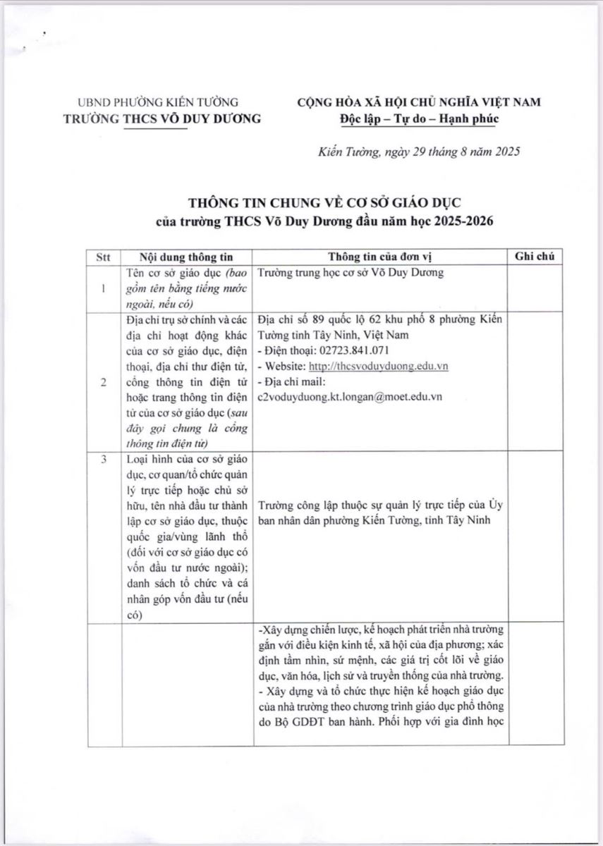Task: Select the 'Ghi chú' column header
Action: [x=535, y=257]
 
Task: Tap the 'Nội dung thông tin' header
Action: [x=185, y=257]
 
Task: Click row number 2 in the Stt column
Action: [x=104, y=382]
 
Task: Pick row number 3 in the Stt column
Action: [x=104, y=460]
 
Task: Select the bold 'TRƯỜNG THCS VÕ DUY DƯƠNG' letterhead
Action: [x=162, y=118]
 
